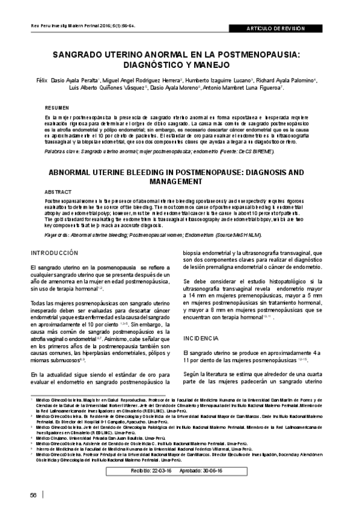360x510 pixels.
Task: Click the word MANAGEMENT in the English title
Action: [185, 180]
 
